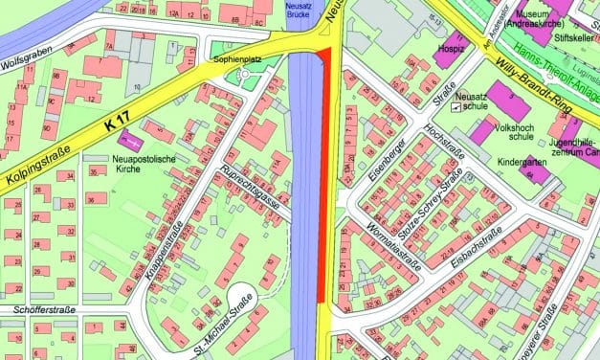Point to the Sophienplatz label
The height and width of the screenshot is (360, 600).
click(x=236, y=58)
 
